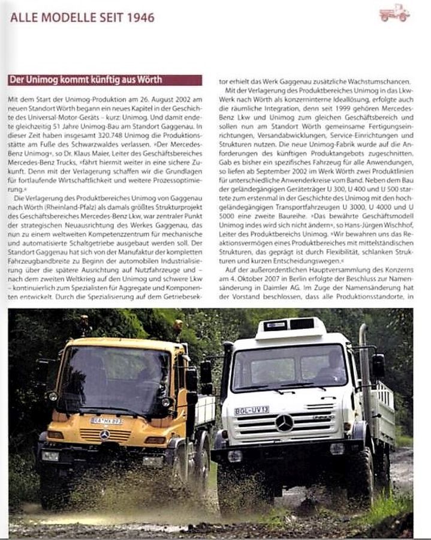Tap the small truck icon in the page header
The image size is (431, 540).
pyautogui.click(x=394, y=13)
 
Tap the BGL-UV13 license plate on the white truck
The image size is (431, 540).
pyautogui.click(x=251, y=410)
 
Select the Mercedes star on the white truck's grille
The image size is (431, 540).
pyautogui.click(x=284, y=422)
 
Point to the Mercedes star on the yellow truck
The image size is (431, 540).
pyautogui.click(x=105, y=434)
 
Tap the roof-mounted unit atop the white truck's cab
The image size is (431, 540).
pyautogui.click(x=290, y=327)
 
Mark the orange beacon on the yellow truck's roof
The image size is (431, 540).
pyautogui.click(x=177, y=327)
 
